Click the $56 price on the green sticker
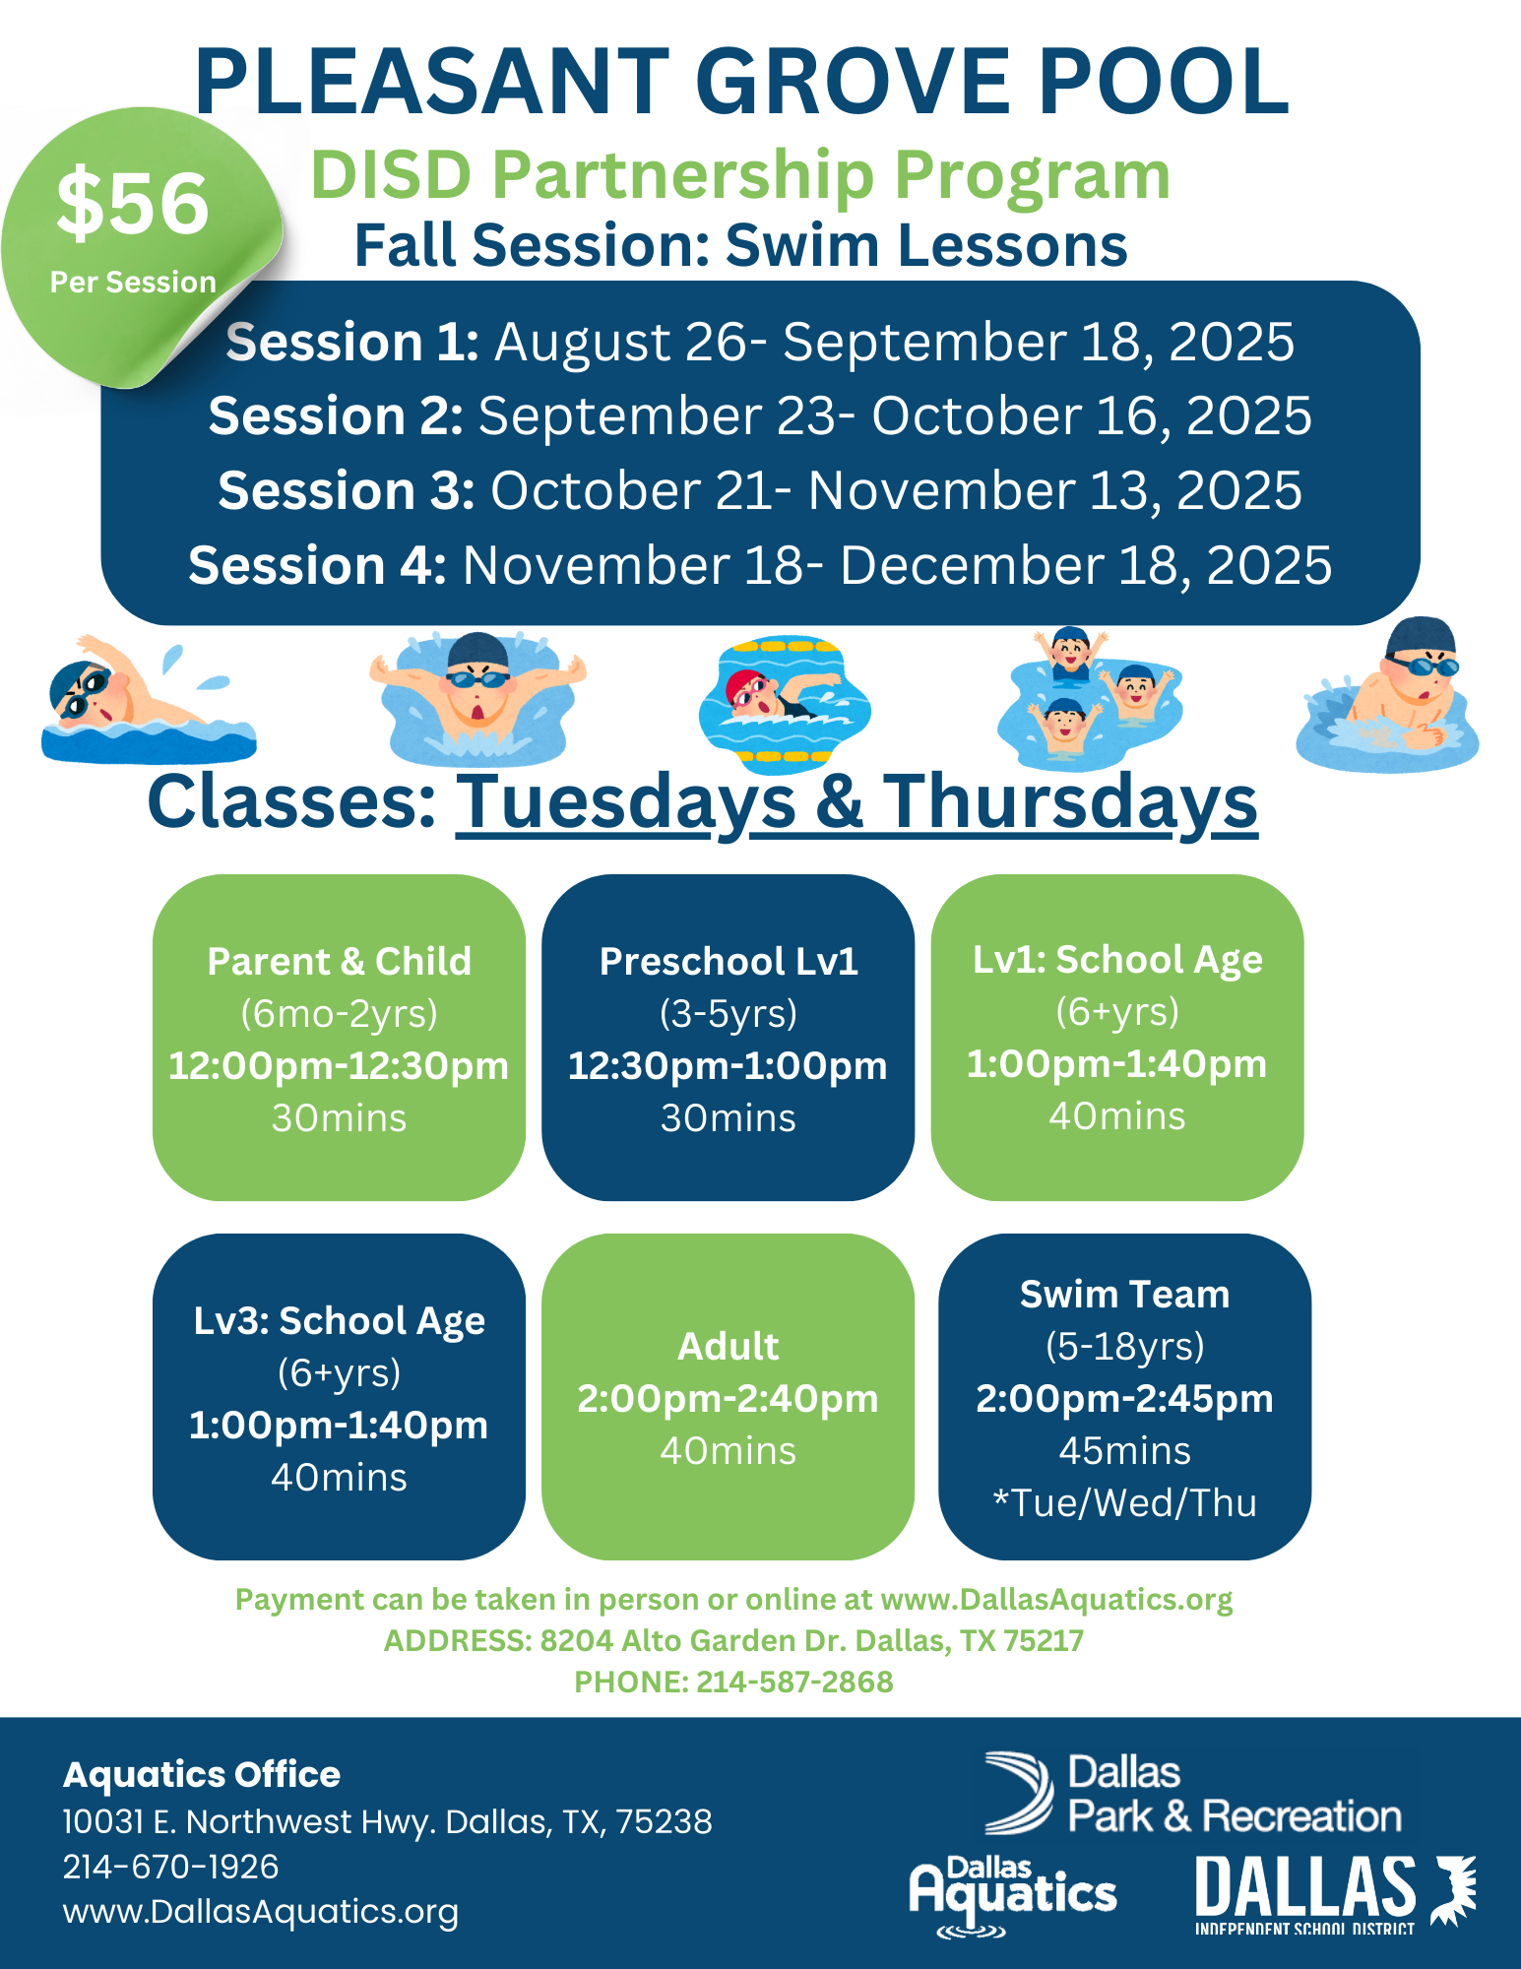[133, 204]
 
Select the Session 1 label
[352, 342]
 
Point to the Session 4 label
[317, 565]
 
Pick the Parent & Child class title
[340, 961]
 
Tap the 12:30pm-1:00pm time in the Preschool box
[728, 1066]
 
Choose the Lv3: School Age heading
[340, 1321]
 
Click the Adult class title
[729, 1346]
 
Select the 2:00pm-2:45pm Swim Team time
[1124, 1399]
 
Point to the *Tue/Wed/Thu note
[1124, 1503]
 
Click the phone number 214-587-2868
[794, 1682]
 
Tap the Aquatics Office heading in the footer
[202, 1774]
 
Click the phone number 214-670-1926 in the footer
[171, 1867]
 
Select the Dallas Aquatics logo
[1012, 1896]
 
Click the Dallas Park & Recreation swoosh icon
[1020, 1792]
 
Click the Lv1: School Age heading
[1117, 960]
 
